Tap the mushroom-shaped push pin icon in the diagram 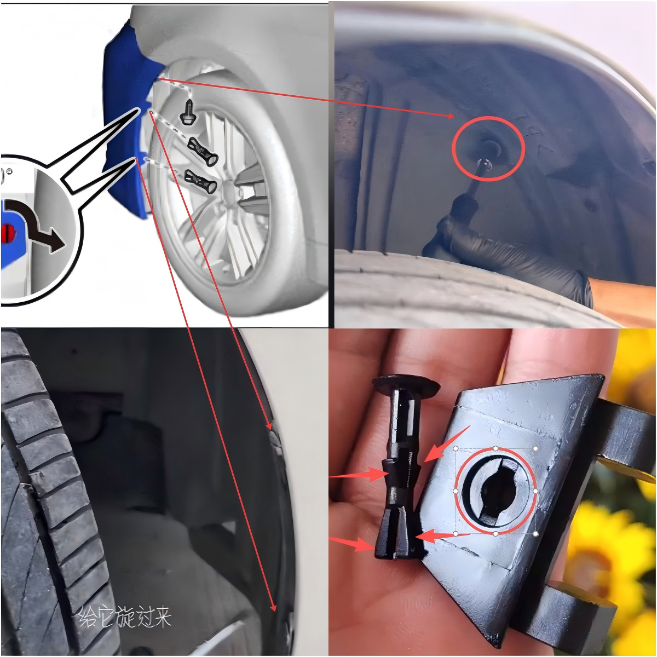pos(188,113)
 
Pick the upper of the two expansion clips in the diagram pos(203,152)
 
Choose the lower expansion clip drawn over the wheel pos(201,181)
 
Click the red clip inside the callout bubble pos(9,234)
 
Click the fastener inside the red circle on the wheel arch pos(491,147)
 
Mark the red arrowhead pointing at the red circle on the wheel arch pos(451,116)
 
